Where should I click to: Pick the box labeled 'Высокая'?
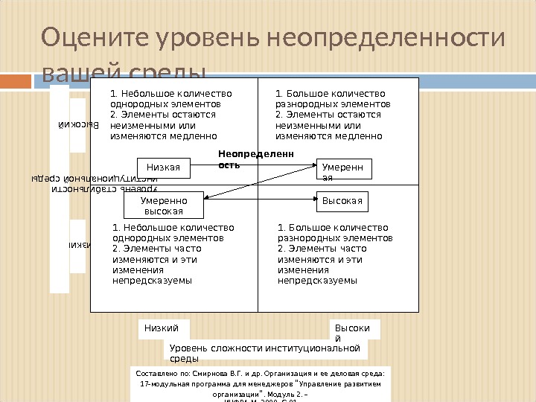[345, 201]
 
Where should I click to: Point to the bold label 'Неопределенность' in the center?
[255, 159]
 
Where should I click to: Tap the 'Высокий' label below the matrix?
[354, 333]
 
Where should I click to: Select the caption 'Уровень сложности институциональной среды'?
[265, 353]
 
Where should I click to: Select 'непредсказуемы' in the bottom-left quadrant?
[152, 281]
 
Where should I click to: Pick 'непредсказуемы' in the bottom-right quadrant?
[318, 281]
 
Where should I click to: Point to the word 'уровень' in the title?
[200, 37]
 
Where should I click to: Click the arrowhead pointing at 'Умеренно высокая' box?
[207, 197]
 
